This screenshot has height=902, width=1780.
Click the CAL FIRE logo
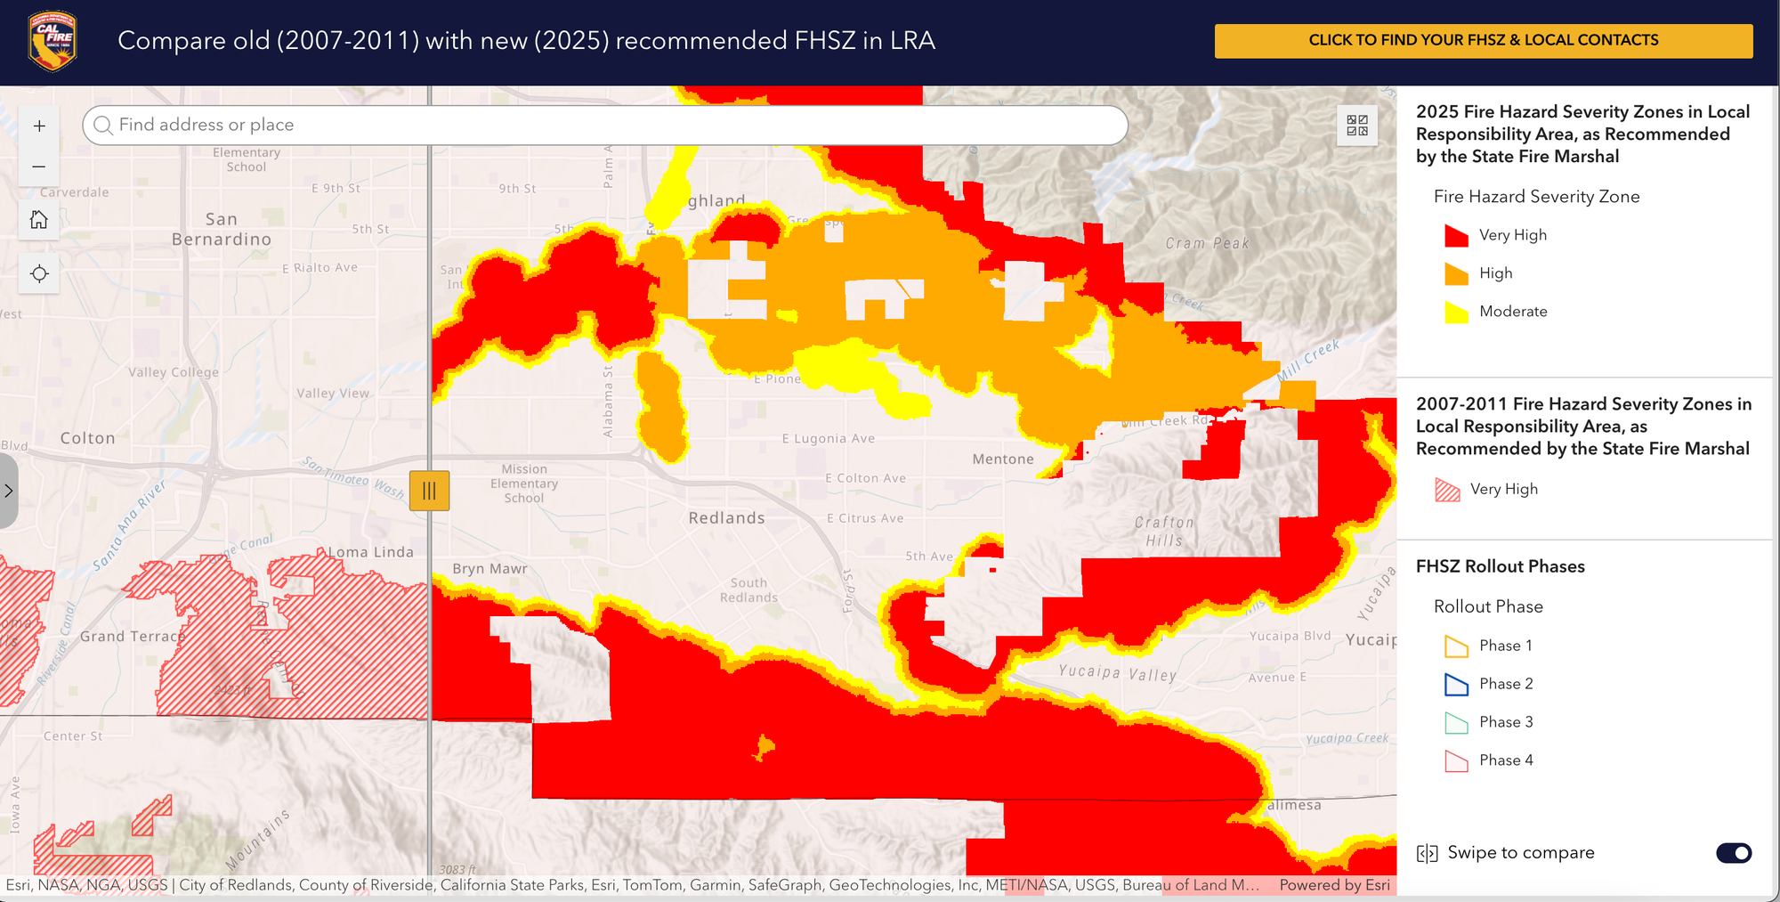(x=53, y=41)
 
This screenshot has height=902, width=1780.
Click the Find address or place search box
(x=605, y=126)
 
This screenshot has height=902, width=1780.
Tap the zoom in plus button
(x=39, y=126)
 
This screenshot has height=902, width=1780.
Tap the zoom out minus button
(x=39, y=167)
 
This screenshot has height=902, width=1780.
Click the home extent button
(x=39, y=220)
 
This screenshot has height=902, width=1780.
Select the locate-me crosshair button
(x=39, y=274)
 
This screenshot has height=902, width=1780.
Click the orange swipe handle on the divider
(x=429, y=491)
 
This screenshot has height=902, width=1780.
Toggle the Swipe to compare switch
(x=1733, y=853)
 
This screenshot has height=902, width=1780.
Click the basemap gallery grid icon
(x=1357, y=126)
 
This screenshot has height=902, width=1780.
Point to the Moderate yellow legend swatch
(x=1456, y=312)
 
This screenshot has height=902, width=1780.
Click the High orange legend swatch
(x=1456, y=273)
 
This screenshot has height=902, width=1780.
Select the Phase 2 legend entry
(x=1506, y=684)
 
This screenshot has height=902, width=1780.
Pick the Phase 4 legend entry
(x=1506, y=760)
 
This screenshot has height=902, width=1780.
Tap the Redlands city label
(x=726, y=518)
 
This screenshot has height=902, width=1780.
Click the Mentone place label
(x=1003, y=459)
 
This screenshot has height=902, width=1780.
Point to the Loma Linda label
(x=371, y=552)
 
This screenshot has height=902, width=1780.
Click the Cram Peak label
(x=1208, y=243)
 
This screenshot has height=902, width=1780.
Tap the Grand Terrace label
(x=133, y=637)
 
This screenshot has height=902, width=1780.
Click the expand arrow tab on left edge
(x=8, y=491)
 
